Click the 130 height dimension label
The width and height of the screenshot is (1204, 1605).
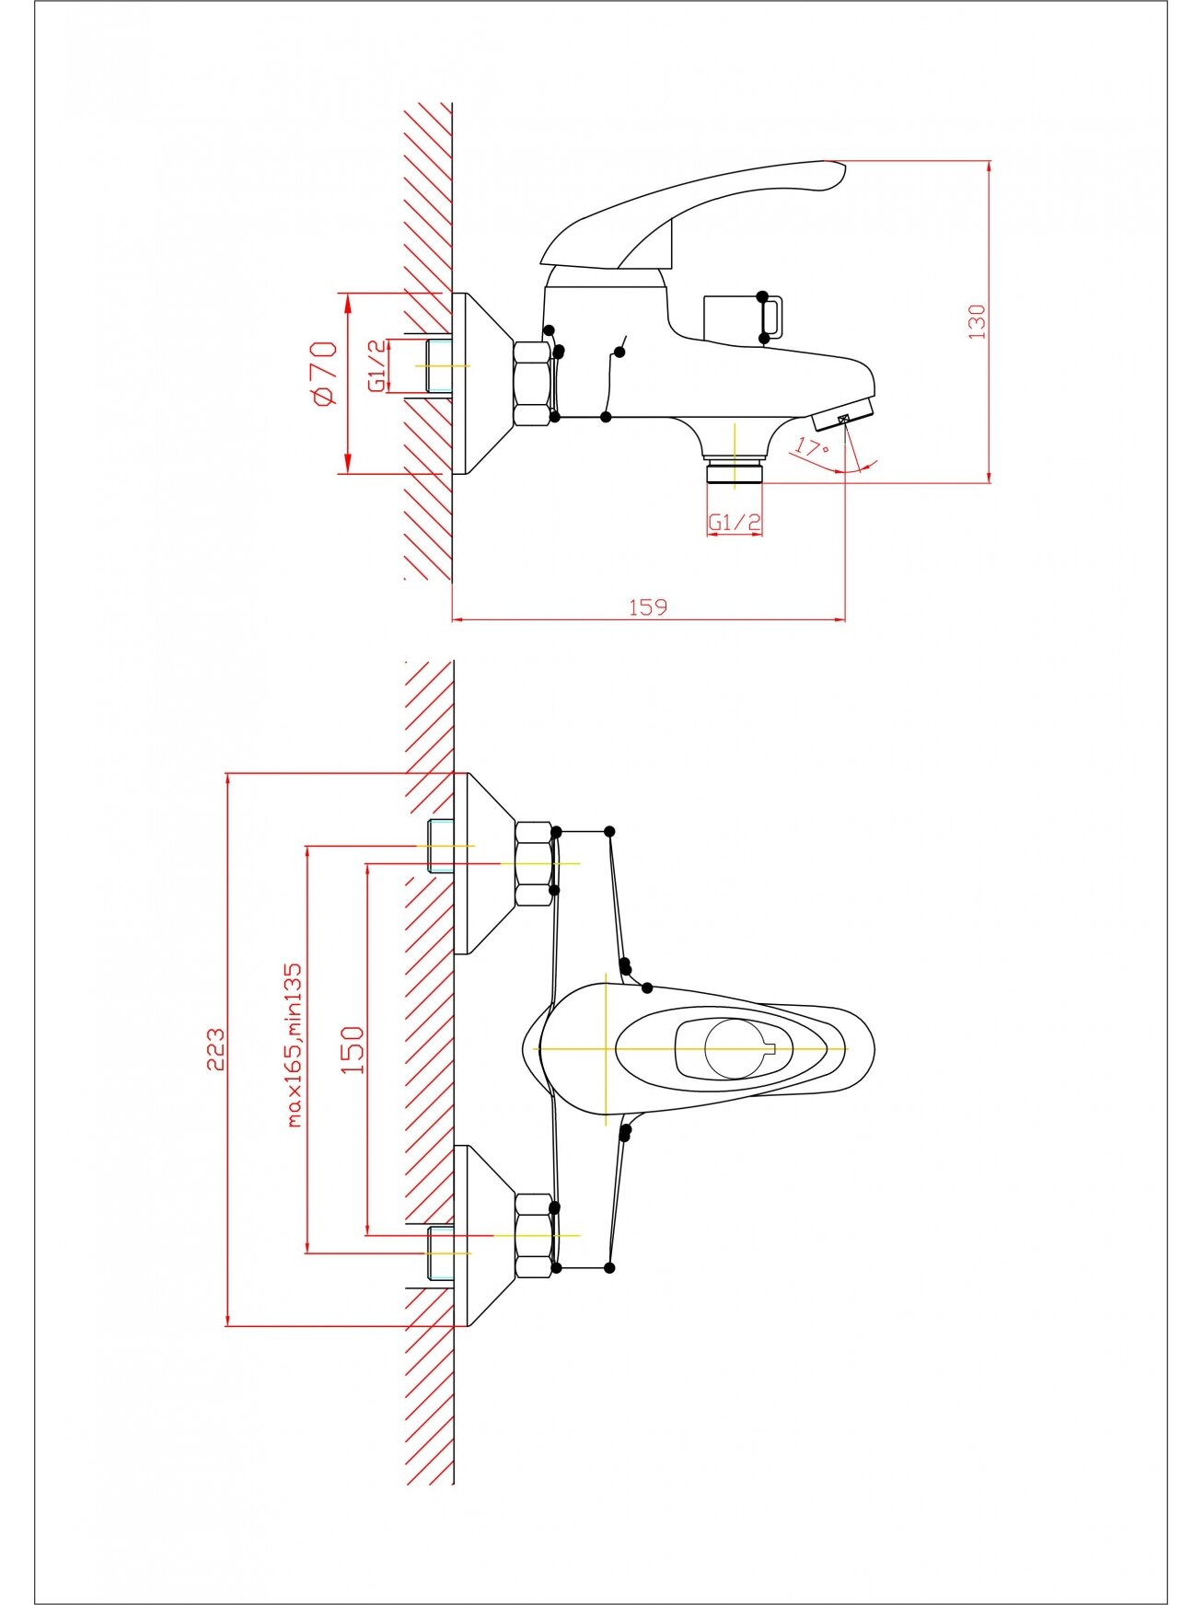[977, 321]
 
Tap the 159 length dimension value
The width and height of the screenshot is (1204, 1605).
[648, 606]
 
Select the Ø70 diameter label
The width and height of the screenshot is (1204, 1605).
[325, 373]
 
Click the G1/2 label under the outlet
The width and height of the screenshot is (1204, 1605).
[735, 523]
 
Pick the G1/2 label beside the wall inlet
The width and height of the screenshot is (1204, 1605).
[377, 365]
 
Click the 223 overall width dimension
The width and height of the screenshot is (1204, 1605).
[214, 1049]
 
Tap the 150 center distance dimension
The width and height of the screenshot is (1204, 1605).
[352, 1049]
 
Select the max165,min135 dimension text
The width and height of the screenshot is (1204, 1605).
[294, 1045]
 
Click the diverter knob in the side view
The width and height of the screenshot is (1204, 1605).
[743, 318]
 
